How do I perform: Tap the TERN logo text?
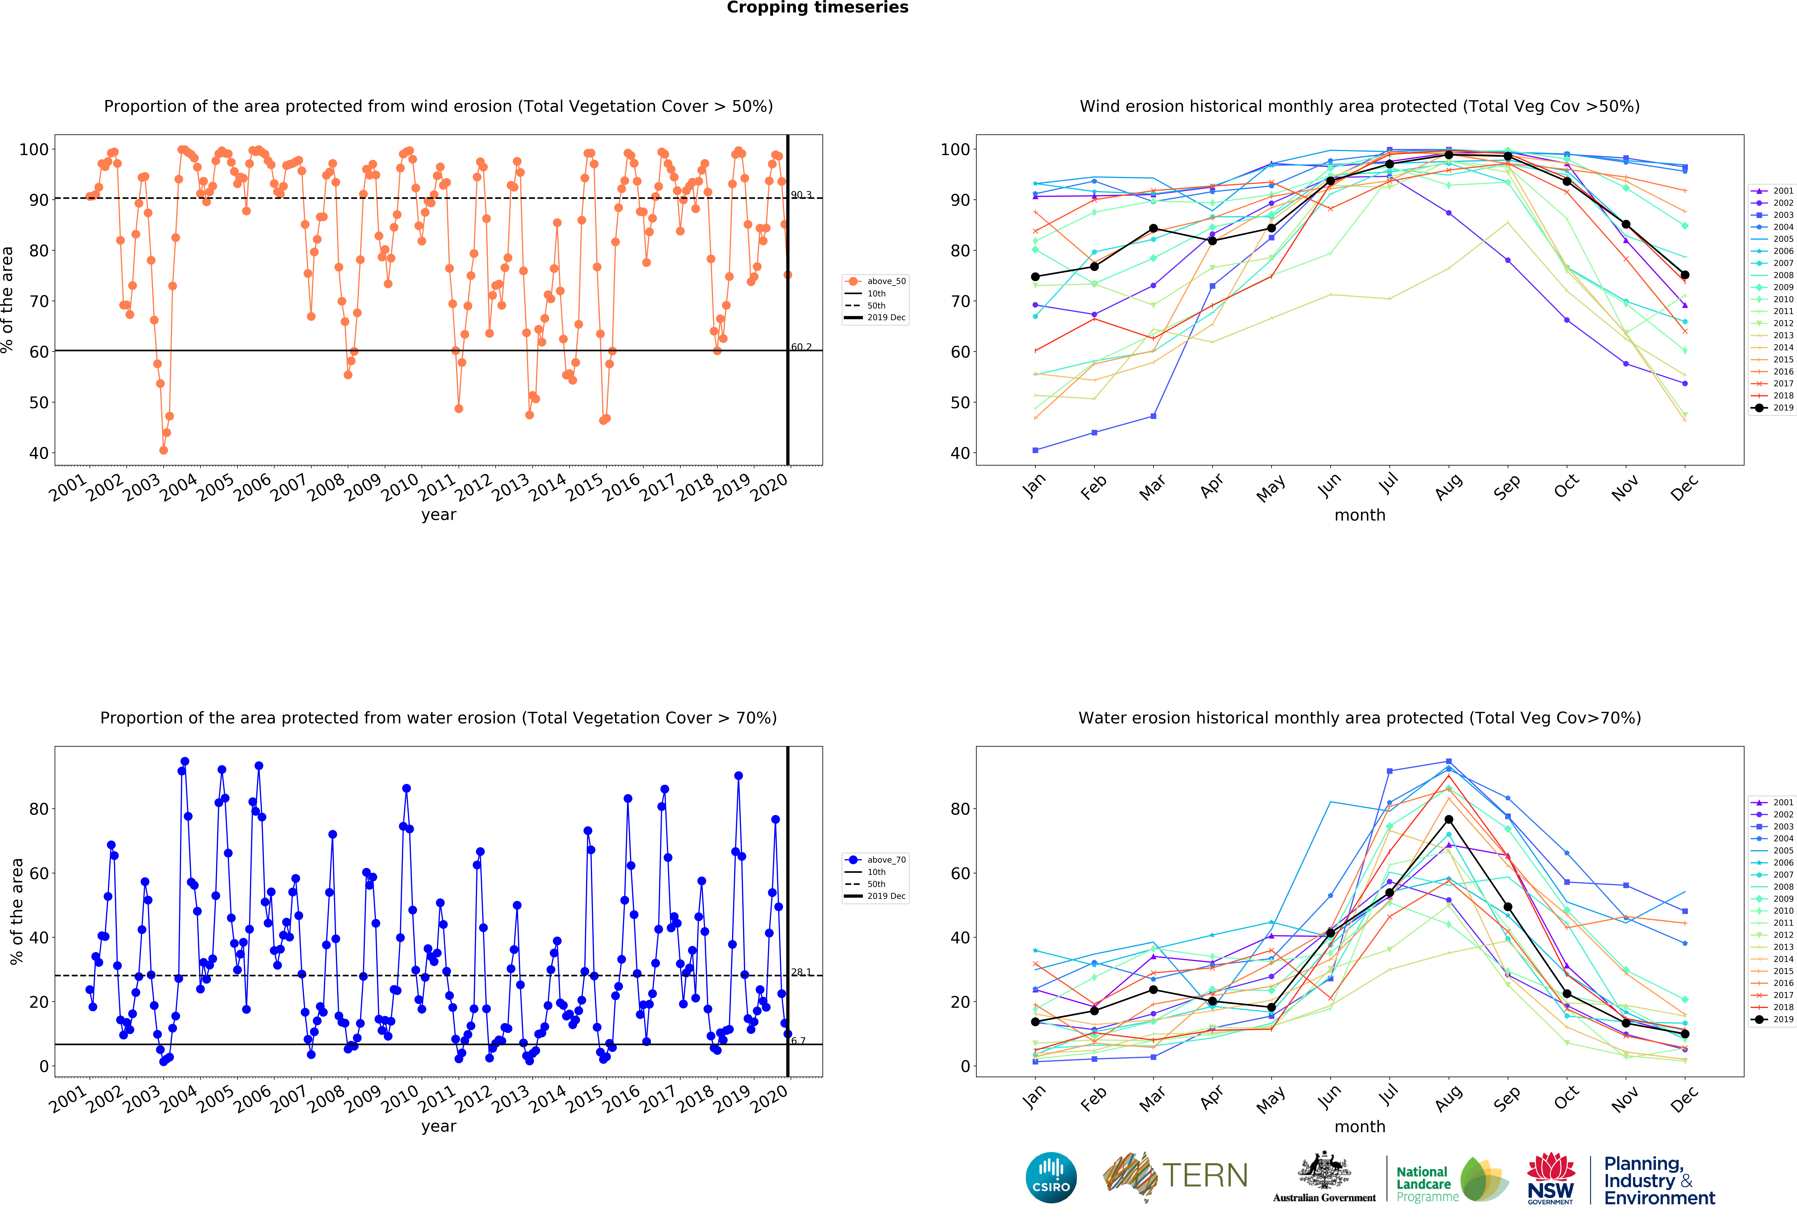tap(1205, 1176)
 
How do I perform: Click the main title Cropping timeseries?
tap(817, 8)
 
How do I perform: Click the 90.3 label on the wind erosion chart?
tap(801, 195)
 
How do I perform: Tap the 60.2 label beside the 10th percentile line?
tap(801, 347)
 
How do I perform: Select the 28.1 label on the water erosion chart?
tap(801, 972)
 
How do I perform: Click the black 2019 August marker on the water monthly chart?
tap(1448, 820)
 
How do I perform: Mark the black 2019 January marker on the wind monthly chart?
tap(1035, 277)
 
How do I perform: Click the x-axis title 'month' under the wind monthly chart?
tap(1359, 515)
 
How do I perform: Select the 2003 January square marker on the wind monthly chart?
tap(1035, 450)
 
